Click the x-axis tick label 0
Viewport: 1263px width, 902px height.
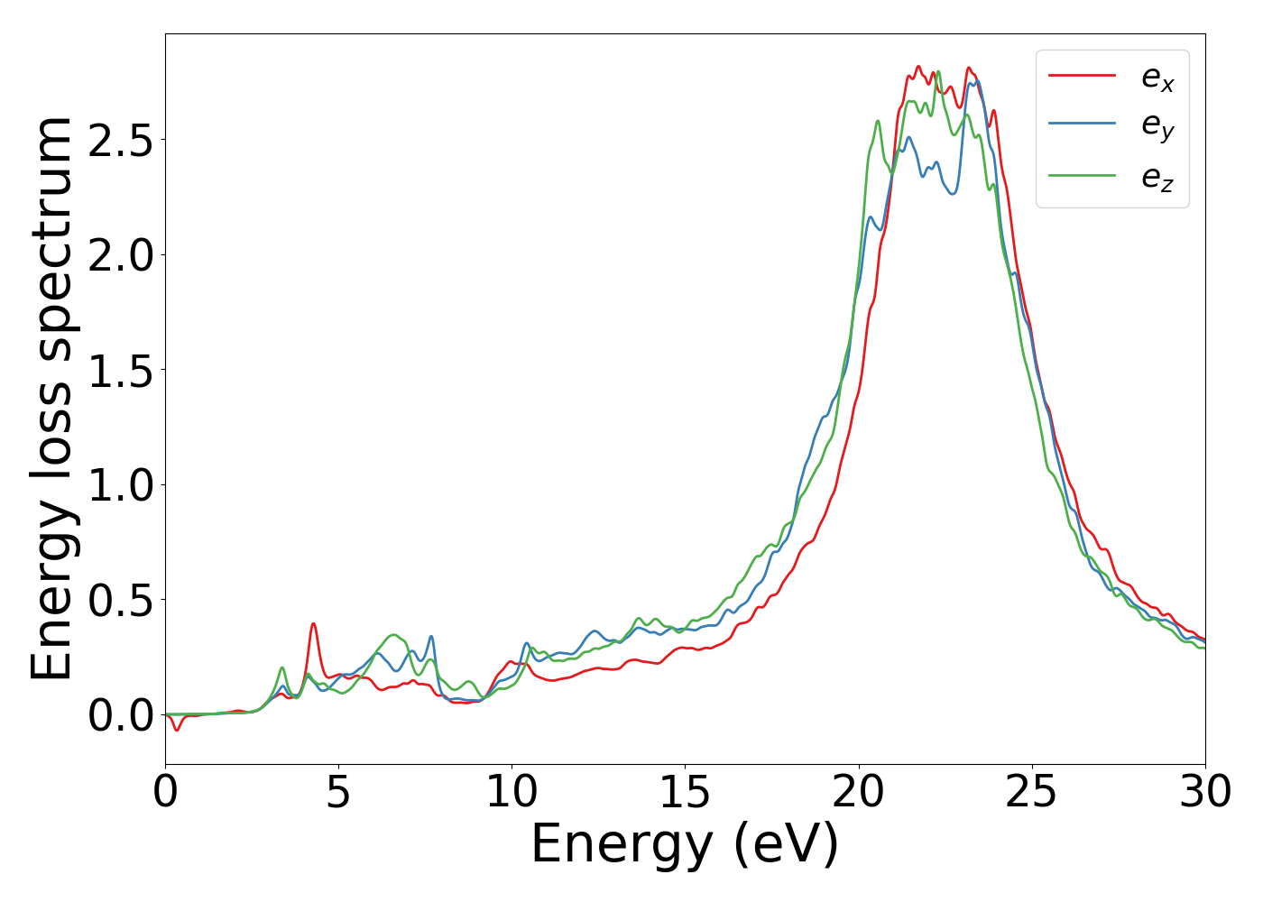(x=165, y=792)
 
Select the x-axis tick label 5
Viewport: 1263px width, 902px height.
(x=338, y=792)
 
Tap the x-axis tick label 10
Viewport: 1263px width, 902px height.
(x=512, y=792)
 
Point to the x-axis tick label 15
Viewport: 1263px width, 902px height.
(x=685, y=792)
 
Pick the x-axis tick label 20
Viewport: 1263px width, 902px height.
(x=858, y=792)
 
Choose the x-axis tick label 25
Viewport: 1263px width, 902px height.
(x=1031, y=792)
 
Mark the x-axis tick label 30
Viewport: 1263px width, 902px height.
(x=1204, y=792)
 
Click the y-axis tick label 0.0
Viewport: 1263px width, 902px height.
(x=121, y=715)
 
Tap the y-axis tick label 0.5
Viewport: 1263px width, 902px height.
(x=121, y=600)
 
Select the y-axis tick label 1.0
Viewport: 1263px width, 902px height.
(x=121, y=485)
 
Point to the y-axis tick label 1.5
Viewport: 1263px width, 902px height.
(x=121, y=370)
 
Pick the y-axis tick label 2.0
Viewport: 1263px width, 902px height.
(x=121, y=255)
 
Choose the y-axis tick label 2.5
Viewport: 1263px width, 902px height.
(x=121, y=140)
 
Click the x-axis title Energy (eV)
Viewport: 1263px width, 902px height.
(x=685, y=845)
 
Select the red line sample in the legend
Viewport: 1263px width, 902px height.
(x=1083, y=76)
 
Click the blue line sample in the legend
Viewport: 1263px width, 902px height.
(x=1083, y=125)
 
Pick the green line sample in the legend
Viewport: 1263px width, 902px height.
(x=1083, y=176)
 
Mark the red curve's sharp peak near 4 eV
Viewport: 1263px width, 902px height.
(x=313, y=623)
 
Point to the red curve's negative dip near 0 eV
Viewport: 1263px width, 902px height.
(x=177, y=730)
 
